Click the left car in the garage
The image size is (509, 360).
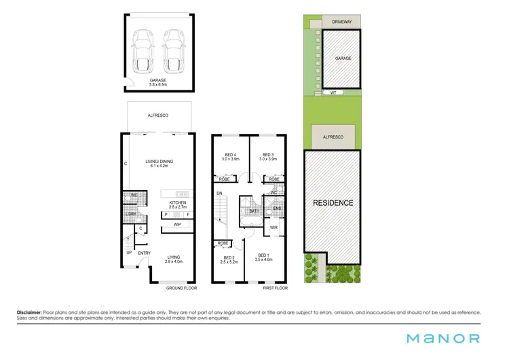pos(144,50)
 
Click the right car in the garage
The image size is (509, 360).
pos(174,50)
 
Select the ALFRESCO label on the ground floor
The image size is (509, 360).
pos(158,116)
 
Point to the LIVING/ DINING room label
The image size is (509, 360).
pos(158,164)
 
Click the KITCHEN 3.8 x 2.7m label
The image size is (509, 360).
pos(178,204)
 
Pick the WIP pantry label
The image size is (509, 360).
pos(176,224)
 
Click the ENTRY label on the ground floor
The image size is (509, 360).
pos(145,253)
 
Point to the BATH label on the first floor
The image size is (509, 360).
pos(254,211)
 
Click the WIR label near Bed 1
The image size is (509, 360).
pos(274,228)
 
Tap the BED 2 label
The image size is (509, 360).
pos(229,260)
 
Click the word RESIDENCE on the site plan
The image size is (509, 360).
pos(333,202)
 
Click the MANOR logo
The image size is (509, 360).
pos(443,338)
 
